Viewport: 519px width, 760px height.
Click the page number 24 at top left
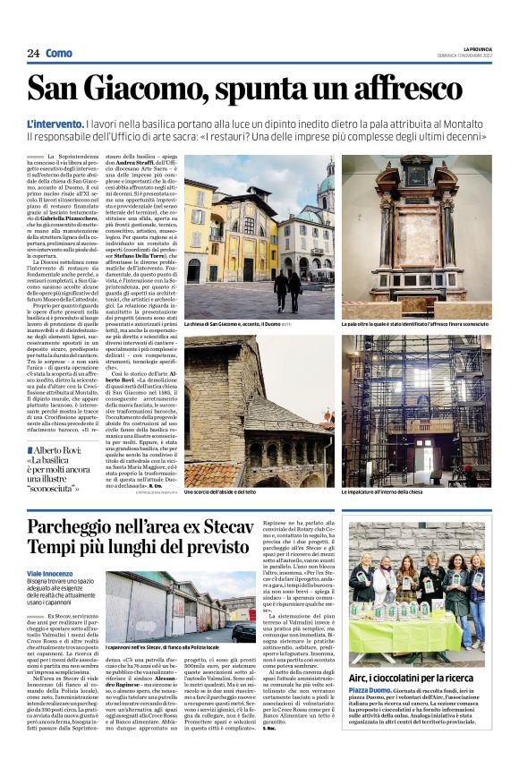[x=33, y=54]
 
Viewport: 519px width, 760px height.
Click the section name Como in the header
[x=59, y=54]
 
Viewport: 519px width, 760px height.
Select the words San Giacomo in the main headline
[x=117, y=90]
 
